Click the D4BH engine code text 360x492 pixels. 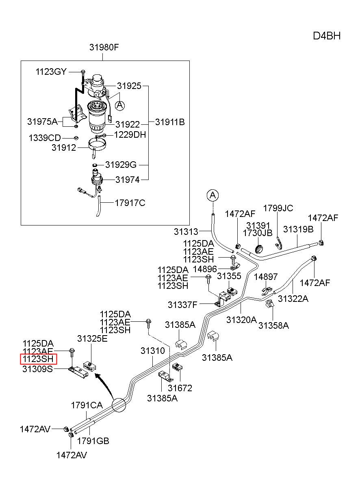click(327, 36)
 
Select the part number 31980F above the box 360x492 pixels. click(104, 47)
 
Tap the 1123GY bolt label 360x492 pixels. click(51, 72)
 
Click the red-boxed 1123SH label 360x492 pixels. click(38, 359)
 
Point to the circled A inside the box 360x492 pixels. click(120, 106)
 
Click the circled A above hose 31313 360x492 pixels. click(213, 195)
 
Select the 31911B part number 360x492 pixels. click(170, 122)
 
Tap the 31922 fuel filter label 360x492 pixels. click(128, 125)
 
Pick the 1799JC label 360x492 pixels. click(278, 208)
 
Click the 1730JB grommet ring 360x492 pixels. click(259, 249)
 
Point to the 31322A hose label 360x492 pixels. click(293, 299)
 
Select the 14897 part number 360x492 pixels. click(266, 277)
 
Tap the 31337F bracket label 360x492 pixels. click(182, 305)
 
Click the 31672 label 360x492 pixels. click(180, 388)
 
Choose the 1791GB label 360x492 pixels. click(93, 441)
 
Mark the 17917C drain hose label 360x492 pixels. click(130, 203)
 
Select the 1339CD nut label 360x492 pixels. click(45, 138)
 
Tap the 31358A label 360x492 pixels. click(273, 325)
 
